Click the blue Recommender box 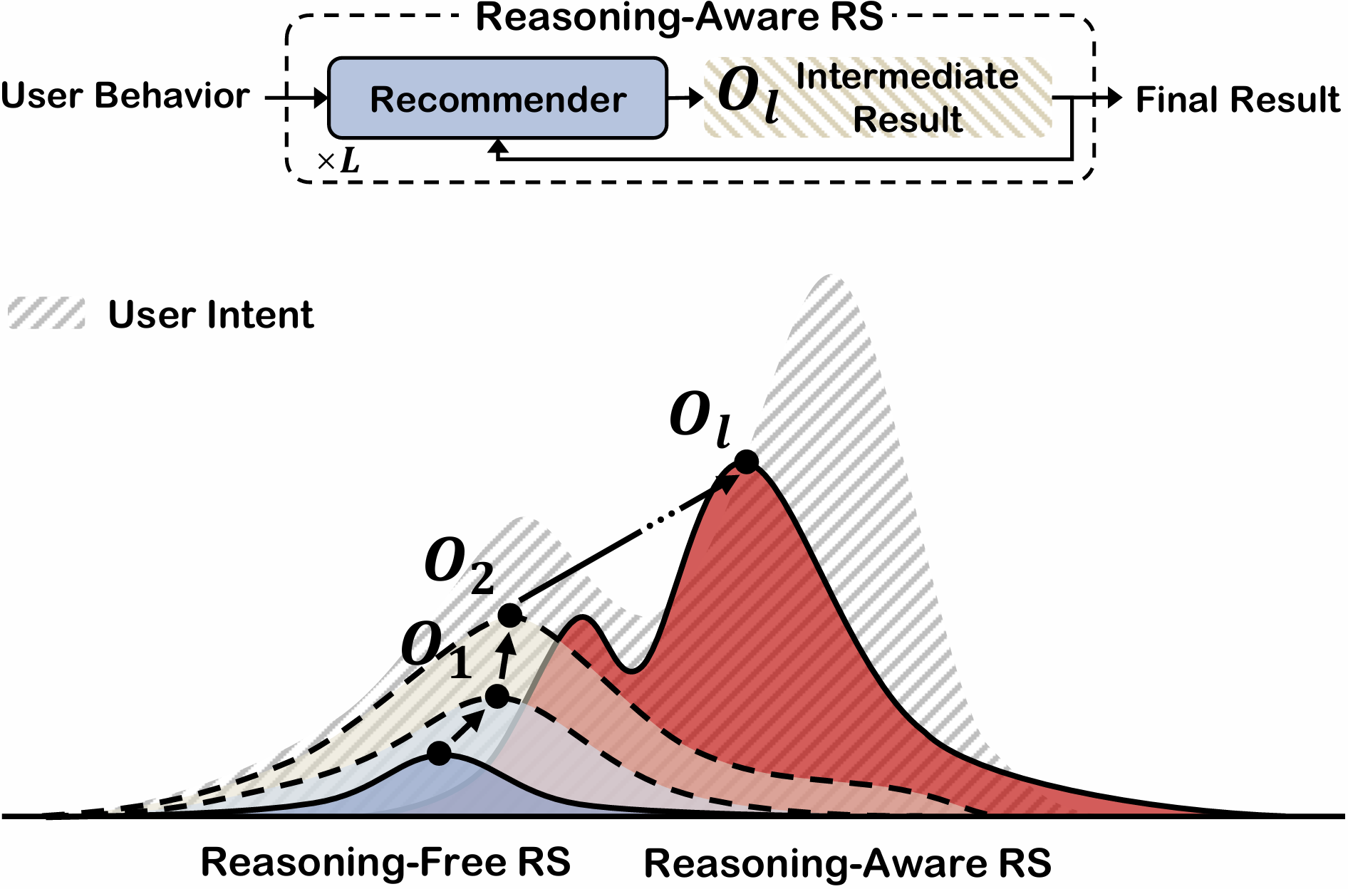pyautogui.click(x=497, y=98)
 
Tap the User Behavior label pyautogui.click(x=125, y=96)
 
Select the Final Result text pyautogui.click(x=1238, y=100)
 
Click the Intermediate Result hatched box pyautogui.click(x=878, y=98)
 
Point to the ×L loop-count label pyautogui.click(x=339, y=162)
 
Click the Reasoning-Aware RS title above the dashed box pyautogui.click(x=679, y=17)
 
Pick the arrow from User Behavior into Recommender pyautogui.click(x=296, y=97)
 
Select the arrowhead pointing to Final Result pyautogui.click(x=1114, y=98)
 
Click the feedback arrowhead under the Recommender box pyautogui.click(x=499, y=147)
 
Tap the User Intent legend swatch pyautogui.click(x=46, y=313)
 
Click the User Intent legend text pyautogui.click(x=211, y=314)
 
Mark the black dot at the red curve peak pyautogui.click(x=746, y=462)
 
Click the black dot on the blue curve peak pyautogui.click(x=439, y=753)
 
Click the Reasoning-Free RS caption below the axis pyautogui.click(x=385, y=862)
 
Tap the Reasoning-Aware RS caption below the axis pyautogui.click(x=847, y=863)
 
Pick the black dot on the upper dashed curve pyautogui.click(x=510, y=615)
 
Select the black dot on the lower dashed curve pyautogui.click(x=497, y=697)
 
